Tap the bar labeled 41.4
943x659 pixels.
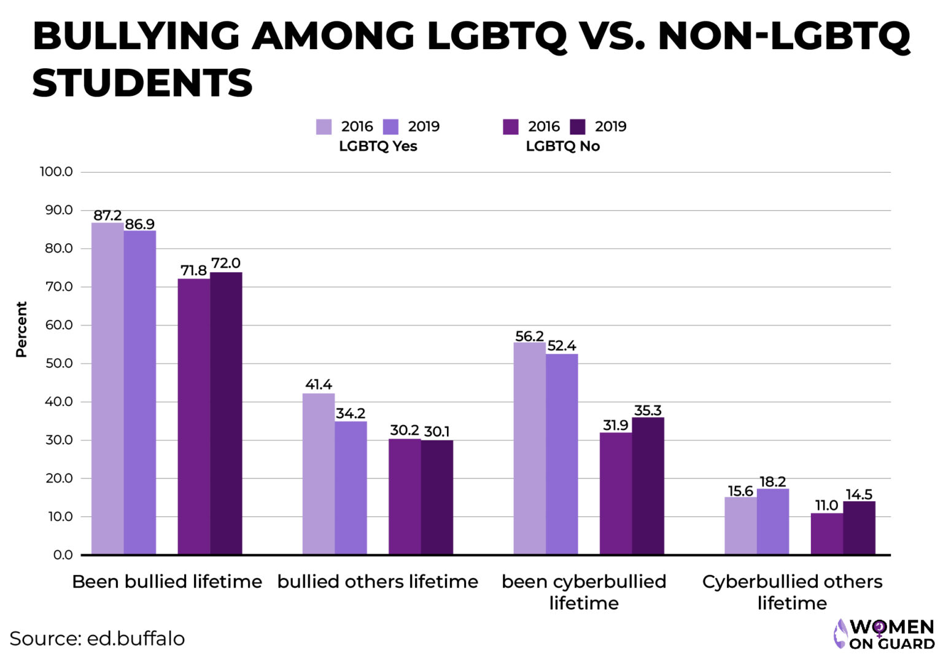(319, 474)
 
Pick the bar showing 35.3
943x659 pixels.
(648, 486)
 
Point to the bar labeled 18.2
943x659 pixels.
(772, 521)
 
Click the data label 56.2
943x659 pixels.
(529, 336)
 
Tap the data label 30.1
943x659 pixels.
(437, 432)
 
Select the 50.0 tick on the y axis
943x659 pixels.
(59, 363)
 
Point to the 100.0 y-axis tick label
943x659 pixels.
(56, 171)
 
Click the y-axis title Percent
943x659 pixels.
(21, 329)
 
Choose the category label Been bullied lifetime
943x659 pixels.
(167, 582)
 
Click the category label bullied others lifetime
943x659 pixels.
(378, 582)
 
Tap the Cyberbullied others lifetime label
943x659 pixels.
(792, 592)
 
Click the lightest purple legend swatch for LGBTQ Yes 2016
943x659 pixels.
(324, 127)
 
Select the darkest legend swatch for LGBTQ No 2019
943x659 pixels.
(578, 127)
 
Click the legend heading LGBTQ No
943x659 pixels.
(562, 146)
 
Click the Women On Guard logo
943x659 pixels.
(883, 634)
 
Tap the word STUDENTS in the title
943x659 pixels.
(142, 83)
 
